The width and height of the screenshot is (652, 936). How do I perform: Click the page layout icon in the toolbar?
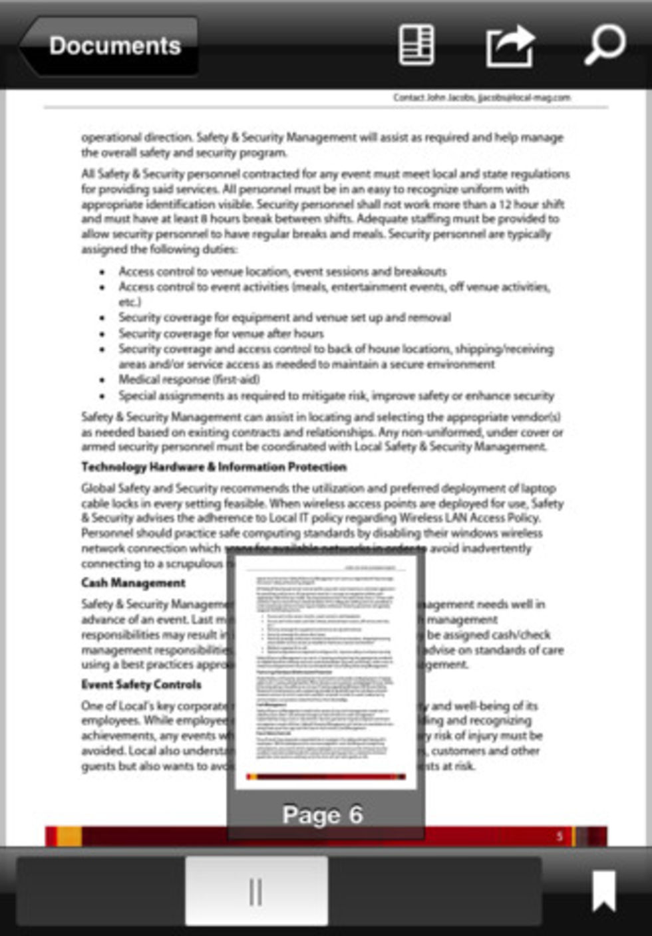pyautogui.click(x=416, y=45)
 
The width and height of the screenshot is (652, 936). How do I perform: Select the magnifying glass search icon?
pyautogui.click(x=604, y=45)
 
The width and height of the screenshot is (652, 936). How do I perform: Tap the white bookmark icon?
pyautogui.click(x=603, y=891)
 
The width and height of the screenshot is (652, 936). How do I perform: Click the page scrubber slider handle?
pyautogui.click(x=256, y=891)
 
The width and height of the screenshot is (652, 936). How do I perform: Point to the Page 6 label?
pyautogui.click(x=323, y=815)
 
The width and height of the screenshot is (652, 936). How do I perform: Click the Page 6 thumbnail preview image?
pyautogui.click(x=325, y=671)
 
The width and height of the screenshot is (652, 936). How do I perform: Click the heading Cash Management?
pyautogui.click(x=133, y=583)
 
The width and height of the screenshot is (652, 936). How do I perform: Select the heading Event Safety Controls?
pyautogui.click(x=141, y=685)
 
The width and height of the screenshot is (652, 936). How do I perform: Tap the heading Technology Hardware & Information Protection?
pyautogui.click(x=214, y=467)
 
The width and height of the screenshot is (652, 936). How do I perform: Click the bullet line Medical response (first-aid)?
pyautogui.click(x=189, y=380)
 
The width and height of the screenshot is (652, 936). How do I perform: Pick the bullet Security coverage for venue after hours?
pyautogui.click(x=221, y=334)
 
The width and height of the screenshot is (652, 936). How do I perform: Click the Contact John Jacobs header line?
pyautogui.click(x=481, y=98)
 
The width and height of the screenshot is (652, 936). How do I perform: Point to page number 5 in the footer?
pyautogui.click(x=560, y=836)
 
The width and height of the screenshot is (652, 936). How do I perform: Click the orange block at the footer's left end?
pyautogui.click(x=69, y=836)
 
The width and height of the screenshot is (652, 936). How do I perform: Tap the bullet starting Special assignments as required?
pyautogui.click(x=336, y=396)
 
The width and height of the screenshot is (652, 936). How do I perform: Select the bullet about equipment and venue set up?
pyautogui.click(x=284, y=318)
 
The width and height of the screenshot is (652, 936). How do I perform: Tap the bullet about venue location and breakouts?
pyautogui.click(x=282, y=272)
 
